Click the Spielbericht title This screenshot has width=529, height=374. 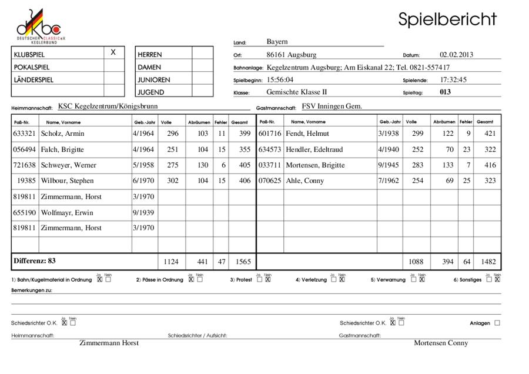click(447, 19)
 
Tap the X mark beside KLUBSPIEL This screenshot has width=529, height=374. click(113, 52)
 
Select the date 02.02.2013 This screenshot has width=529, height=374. click(456, 55)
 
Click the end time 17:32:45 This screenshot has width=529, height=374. click(453, 79)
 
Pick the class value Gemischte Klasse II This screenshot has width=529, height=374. click(296, 92)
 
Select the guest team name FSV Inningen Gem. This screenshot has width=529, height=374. click(332, 106)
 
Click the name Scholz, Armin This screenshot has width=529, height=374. click(63, 133)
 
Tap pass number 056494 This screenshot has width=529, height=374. click(24, 149)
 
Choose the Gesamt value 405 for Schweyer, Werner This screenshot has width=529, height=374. click(240, 165)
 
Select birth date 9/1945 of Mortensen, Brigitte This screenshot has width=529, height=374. click(388, 165)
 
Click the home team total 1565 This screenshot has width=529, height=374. click(240, 261)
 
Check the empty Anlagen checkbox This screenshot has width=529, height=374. click(497, 323)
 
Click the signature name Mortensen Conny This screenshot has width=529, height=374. click(441, 343)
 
